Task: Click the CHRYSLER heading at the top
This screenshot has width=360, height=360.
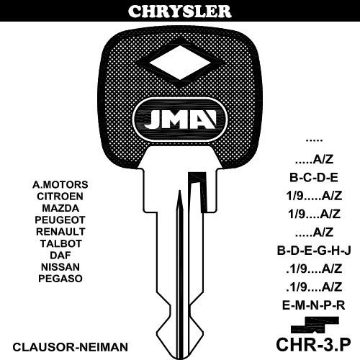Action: pos(180,11)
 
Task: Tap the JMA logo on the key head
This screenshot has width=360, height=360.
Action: pos(180,120)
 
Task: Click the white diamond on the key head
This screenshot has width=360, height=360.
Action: pos(180,63)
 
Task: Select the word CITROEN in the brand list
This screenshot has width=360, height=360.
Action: pos(60,197)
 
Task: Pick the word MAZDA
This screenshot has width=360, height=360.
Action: pos(60,208)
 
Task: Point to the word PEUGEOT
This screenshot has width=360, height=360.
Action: pos(60,220)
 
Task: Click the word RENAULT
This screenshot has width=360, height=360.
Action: pos(60,232)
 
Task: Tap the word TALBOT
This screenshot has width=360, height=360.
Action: pos(60,243)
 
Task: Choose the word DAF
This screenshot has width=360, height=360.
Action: pos(60,255)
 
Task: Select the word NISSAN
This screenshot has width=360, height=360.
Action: pos(60,267)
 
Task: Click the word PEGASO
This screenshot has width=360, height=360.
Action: pos(60,279)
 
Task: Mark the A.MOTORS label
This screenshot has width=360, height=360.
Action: pos(60,184)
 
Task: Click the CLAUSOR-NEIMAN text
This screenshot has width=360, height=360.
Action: pos(70,347)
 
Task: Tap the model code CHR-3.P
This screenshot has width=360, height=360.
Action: pos(313,344)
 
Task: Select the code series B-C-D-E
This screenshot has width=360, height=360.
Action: pos(314,178)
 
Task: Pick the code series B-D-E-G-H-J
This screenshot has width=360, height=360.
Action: pos(314,251)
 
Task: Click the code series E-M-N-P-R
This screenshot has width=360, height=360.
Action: pos(313,305)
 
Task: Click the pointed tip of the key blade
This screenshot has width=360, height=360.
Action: pos(180,358)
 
